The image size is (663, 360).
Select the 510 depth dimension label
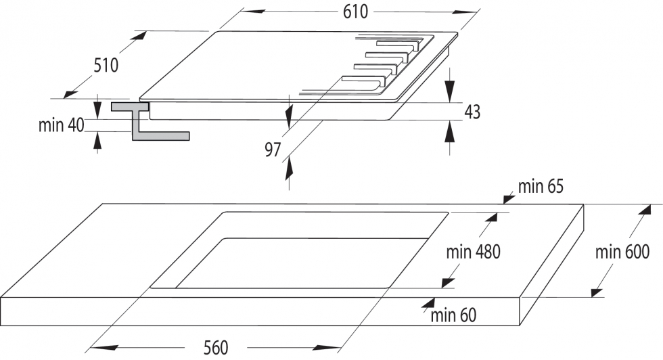(x=107, y=65)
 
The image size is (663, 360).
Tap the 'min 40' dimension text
(x=60, y=125)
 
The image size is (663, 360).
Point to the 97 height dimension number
(x=273, y=150)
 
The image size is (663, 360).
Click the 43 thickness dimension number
(x=472, y=112)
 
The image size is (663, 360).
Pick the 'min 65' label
(x=541, y=186)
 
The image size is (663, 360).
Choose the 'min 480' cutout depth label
(x=474, y=252)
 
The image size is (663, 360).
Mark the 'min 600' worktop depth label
(x=622, y=252)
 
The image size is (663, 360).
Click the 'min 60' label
(x=453, y=314)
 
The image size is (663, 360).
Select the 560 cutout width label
(x=216, y=348)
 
